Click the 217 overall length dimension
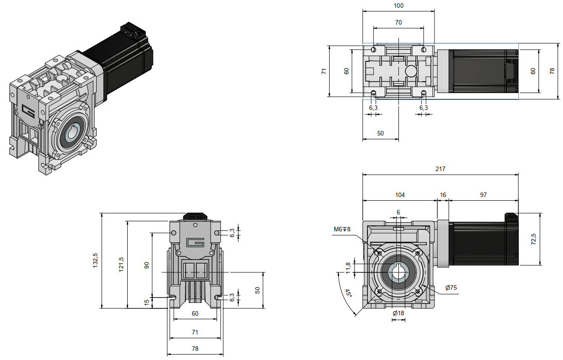(440, 169)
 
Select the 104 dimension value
(400, 195)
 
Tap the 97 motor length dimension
(483, 195)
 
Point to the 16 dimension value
(443, 195)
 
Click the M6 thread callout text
(342, 229)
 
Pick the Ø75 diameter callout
(451, 288)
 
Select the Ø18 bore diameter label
(398, 313)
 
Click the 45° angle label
(348, 293)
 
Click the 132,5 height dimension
(96, 261)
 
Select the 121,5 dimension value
(121, 264)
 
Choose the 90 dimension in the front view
(147, 265)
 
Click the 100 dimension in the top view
(398, 5)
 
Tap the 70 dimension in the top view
(398, 22)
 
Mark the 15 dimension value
(147, 303)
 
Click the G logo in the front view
(195, 242)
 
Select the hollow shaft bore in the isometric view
(72, 135)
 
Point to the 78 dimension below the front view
(195, 349)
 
